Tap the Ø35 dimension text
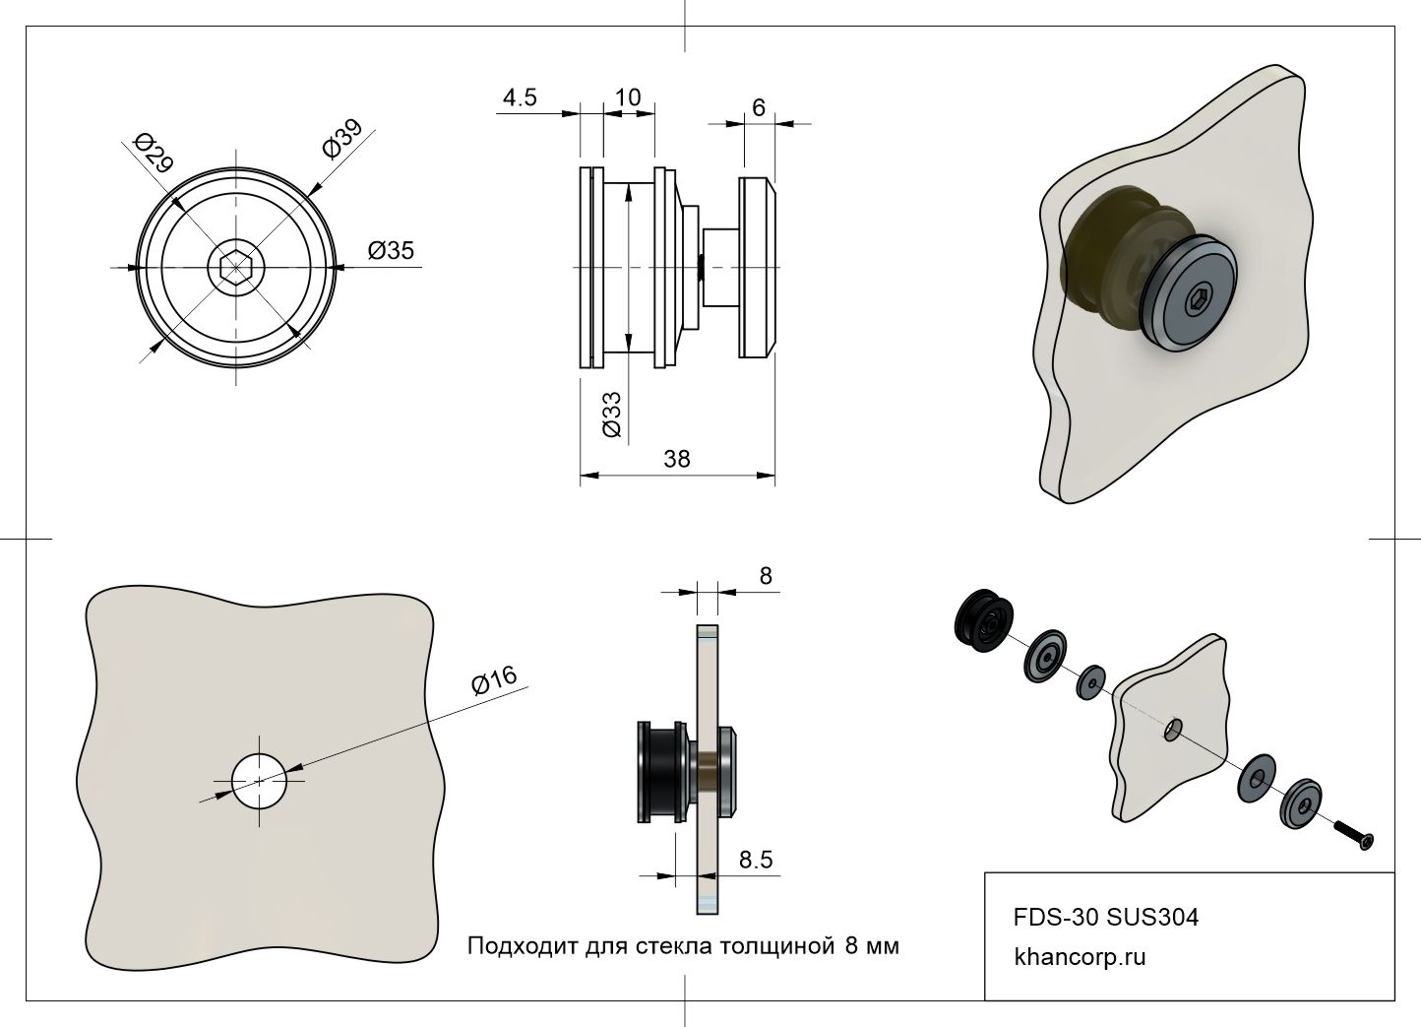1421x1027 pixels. pos(391,251)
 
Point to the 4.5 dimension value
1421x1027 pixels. pos(520,97)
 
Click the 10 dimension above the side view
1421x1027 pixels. pos(627,97)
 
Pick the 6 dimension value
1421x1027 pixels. pos(759,107)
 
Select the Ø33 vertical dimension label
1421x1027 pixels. pos(611,414)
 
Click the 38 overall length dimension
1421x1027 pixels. pos(677,459)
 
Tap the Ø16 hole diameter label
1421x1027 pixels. pos(494,679)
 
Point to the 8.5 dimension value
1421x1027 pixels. pos(756,860)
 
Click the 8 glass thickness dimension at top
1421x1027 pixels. pos(767,576)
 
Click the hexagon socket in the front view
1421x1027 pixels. pos(235,267)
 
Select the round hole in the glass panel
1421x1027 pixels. pos(259,781)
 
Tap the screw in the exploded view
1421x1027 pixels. pos(1355,835)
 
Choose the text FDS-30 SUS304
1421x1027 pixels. pos(1106,918)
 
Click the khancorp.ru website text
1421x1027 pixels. pos(1080,956)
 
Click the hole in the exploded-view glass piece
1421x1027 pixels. pos(1174,730)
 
